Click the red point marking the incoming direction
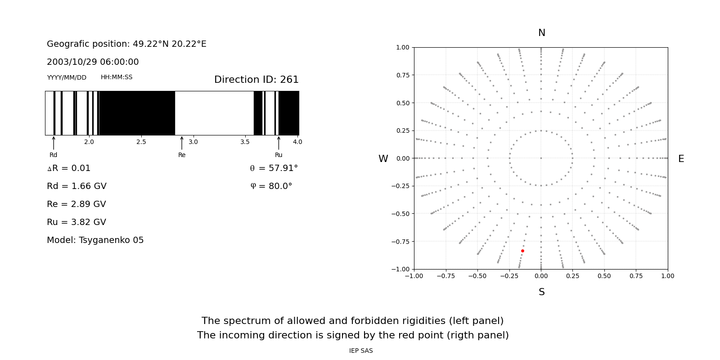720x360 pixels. pos(522,251)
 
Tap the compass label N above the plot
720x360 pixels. pos(541,33)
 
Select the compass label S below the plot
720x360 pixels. pos(541,292)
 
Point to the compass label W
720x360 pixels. pos(383,159)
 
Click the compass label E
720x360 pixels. pos(681,159)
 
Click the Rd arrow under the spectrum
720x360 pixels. pos(54,143)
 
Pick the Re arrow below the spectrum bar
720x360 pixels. pos(182,143)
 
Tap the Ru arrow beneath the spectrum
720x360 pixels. pos(279,143)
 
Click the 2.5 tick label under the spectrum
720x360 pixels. pos(141,142)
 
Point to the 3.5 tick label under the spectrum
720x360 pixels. pos(245,142)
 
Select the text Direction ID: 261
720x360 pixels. pos(256,80)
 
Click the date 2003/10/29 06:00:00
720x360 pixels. pos(93,62)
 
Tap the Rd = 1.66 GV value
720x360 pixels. pos(76,186)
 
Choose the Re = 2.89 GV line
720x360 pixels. pos(76,204)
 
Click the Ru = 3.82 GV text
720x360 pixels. pos(76,222)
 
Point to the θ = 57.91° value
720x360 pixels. pos(274,168)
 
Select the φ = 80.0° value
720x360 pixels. pos(271,186)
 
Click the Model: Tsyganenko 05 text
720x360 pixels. pos(95,240)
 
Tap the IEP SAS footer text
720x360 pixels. pos(361,351)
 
